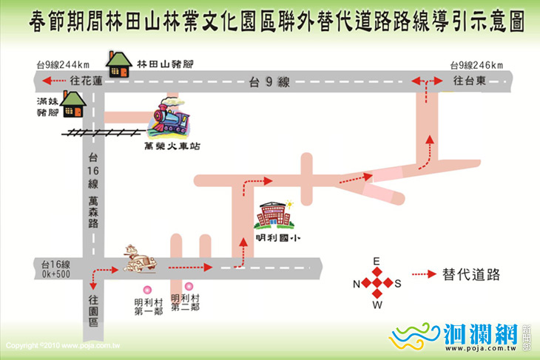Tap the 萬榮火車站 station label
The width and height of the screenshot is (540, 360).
172,146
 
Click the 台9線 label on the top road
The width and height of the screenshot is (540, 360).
269,83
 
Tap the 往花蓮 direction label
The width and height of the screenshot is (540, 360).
83,81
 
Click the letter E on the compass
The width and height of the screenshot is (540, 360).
376,262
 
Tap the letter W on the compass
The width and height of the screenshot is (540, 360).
376,305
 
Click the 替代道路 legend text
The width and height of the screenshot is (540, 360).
470,275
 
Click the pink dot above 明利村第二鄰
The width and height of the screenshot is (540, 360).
189,285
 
